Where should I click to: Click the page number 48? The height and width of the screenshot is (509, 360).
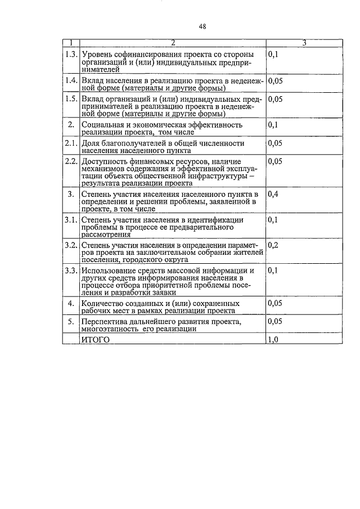202,26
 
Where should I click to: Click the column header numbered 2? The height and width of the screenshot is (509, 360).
173,43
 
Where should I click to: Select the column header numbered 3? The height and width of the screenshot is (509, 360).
304,43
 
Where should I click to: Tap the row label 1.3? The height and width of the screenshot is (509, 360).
71,55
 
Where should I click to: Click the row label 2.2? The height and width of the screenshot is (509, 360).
71,161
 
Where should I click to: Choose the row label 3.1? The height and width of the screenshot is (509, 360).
71,220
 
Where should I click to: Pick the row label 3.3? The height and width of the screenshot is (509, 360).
71,271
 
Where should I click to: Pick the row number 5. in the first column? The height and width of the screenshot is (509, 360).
71,322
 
